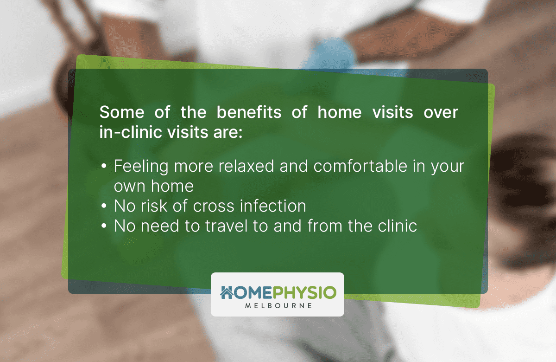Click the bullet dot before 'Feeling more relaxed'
pyautogui.click(x=104, y=167)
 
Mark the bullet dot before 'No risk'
pyautogui.click(x=104, y=206)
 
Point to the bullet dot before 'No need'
pyautogui.click(x=104, y=226)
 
